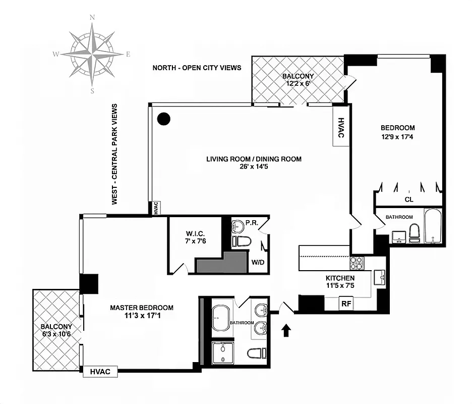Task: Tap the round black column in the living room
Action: pyautogui.click(x=163, y=119)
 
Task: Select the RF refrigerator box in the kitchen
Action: pyautogui.click(x=346, y=304)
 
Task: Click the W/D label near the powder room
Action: pyautogui.click(x=258, y=262)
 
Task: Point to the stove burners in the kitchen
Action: pyautogui.click(x=357, y=263)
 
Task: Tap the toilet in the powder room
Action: pyautogui.click(x=242, y=241)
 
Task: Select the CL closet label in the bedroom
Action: pyautogui.click(x=408, y=199)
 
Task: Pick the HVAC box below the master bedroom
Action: pyautogui.click(x=100, y=372)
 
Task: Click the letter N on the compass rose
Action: pyautogui.click(x=92, y=17)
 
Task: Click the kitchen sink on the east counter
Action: pyautogui.click(x=379, y=277)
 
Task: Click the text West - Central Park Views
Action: pyautogui.click(x=114, y=154)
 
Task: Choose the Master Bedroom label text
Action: pyautogui.click(x=142, y=308)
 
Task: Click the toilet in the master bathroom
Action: pyautogui.click(x=256, y=353)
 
